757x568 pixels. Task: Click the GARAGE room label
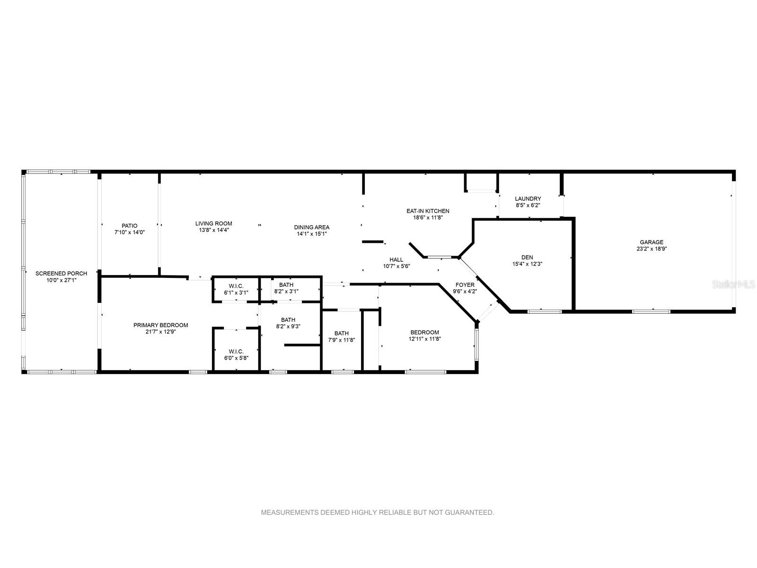tap(651, 242)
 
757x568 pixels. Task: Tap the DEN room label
tap(527, 257)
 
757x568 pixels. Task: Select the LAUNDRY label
tap(528, 199)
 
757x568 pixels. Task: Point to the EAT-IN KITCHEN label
tap(428, 211)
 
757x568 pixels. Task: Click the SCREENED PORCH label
tap(62, 274)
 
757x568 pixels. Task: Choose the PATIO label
tap(129, 226)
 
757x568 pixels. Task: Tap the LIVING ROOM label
tap(214, 223)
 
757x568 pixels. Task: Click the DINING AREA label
tap(312, 227)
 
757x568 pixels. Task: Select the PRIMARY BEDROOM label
tap(161, 325)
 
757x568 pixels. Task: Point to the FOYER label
tap(465, 285)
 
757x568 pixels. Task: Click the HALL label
tap(396, 260)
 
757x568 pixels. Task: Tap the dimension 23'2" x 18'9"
tap(651, 248)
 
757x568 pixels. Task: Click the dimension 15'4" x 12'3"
tap(528, 264)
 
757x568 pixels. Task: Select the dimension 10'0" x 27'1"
tap(62, 280)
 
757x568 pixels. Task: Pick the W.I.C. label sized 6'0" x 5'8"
tap(236, 351)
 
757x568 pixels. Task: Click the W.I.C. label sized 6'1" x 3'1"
tap(236, 286)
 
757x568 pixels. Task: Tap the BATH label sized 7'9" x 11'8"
tap(342, 333)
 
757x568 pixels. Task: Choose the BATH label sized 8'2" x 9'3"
tap(288, 319)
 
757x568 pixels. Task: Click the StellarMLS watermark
tap(733, 284)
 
